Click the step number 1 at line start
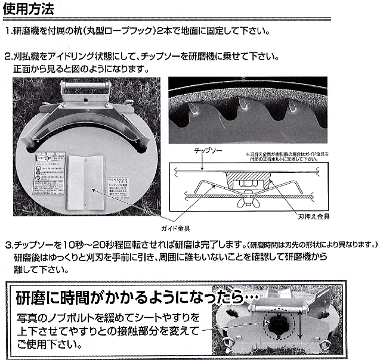click(x=8, y=31)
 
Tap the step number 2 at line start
click(x=8, y=57)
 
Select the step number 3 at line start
click(x=8, y=244)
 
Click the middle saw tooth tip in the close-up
click(x=245, y=107)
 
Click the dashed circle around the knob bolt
click(x=278, y=325)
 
